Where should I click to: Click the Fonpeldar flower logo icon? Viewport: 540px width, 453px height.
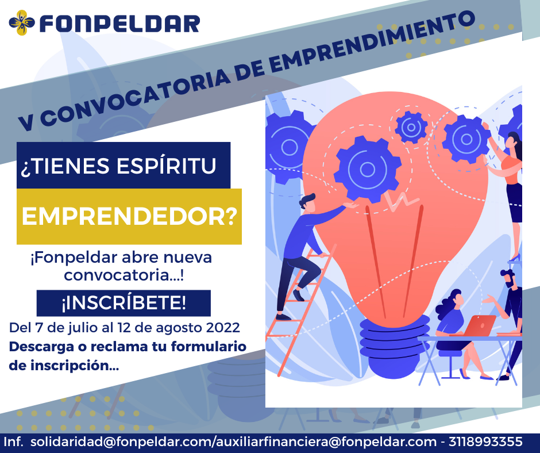pos(22,23)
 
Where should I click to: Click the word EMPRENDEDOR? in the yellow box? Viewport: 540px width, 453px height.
pos(129,217)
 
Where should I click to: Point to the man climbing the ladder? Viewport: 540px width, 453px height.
pos(303,247)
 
